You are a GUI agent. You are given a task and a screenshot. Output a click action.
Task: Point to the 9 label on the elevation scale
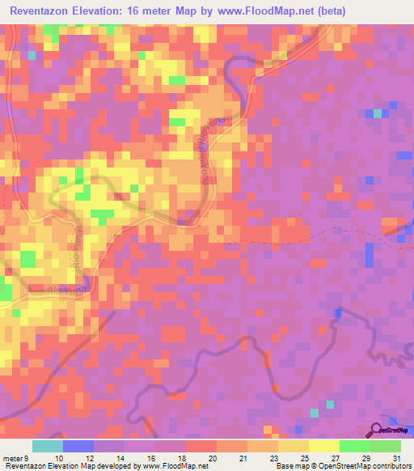tap(26, 457)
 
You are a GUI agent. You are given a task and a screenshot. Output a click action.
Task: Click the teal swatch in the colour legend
tap(48, 446)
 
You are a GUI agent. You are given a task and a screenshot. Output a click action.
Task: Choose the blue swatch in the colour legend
tap(78, 446)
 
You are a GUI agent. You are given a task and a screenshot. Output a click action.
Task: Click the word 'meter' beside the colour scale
tap(12, 457)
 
